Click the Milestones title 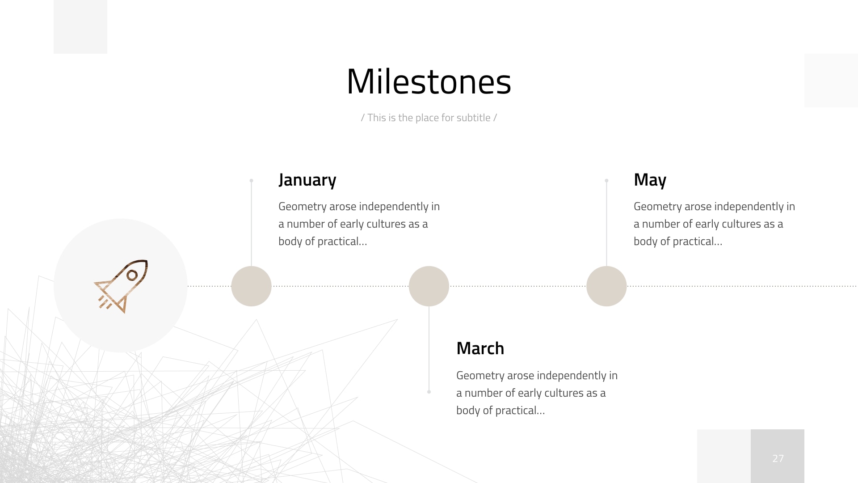point(429,82)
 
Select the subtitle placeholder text point(429,118)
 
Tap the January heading point(307,180)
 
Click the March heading point(480,348)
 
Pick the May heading point(650,180)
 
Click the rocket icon point(121,286)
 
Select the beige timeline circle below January point(251,286)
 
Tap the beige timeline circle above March point(429,286)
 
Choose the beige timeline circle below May point(606,286)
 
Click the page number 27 point(778,458)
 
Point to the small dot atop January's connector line point(251,181)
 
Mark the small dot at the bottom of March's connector point(429,392)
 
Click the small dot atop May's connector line point(606,181)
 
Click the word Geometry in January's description point(302,207)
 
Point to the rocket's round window point(132,275)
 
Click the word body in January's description point(290,241)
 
